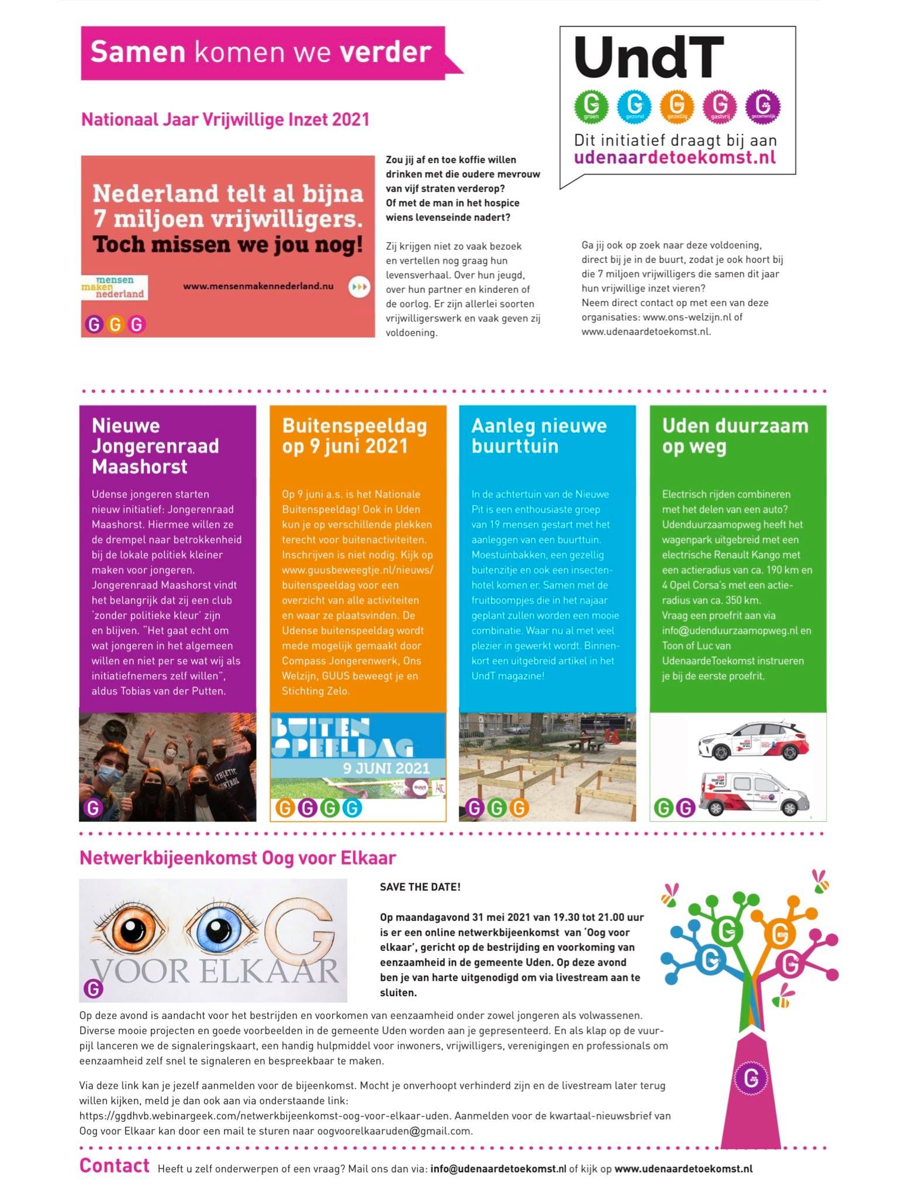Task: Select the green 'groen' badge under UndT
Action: click(x=591, y=106)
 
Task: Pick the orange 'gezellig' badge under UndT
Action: click(x=677, y=106)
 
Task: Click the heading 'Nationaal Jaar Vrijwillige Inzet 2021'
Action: click(x=225, y=120)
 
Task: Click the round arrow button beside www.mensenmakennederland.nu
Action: click(x=359, y=287)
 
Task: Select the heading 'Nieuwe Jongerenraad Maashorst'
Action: click(x=155, y=446)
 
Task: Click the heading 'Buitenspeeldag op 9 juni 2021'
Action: click(x=354, y=436)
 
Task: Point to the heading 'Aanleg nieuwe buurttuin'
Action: click(x=538, y=436)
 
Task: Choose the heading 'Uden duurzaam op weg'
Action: click(x=735, y=436)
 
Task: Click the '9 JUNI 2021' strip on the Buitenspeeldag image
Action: click(x=386, y=768)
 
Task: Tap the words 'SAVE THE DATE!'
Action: click(x=420, y=887)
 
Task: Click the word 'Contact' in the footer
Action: click(x=115, y=1165)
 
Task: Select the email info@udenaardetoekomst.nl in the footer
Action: click(x=498, y=1168)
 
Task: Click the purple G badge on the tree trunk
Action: click(x=751, y=1077)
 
